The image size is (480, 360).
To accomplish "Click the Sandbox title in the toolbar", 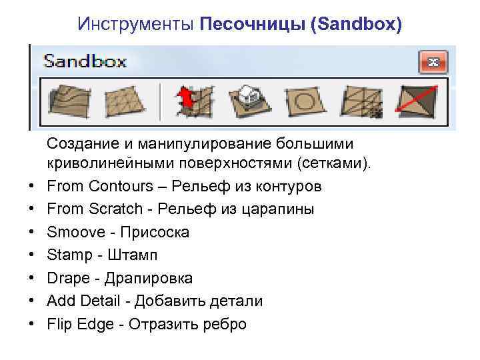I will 85,62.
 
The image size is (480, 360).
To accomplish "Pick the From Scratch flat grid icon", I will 125,101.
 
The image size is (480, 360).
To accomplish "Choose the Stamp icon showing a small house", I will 249,101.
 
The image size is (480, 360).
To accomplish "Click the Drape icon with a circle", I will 305,101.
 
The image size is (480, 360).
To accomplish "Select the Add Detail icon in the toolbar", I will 361,101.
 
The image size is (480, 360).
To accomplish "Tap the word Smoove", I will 76,232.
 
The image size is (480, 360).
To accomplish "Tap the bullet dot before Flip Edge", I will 31,325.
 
